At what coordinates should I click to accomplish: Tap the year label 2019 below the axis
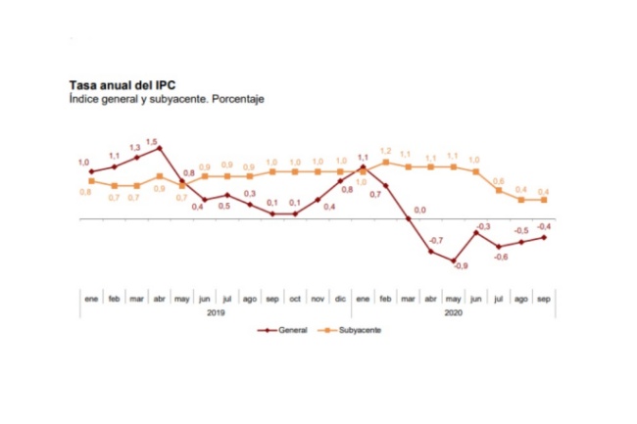click(x=216, y=312)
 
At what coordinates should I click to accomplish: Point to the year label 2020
click(x=454, y=312)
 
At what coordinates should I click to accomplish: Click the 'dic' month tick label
click(x=341, y=298)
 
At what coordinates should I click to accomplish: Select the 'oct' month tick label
click(x=295, y=298)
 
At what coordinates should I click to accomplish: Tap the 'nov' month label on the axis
click(x=318, y=298)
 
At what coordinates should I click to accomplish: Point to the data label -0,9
click(x=461, y=266)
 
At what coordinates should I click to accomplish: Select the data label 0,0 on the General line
click(x=419, y=210)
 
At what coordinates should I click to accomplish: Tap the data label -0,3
click(x=483, y=226)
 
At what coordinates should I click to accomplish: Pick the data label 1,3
click(x=135, y=148)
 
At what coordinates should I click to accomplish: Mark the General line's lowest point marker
click(x=454, y=261)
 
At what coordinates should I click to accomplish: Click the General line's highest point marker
click(x=159, y=148)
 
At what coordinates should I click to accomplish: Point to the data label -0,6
click(x=500, y=257)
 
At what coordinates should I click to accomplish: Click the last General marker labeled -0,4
click(x=545, y=236)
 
